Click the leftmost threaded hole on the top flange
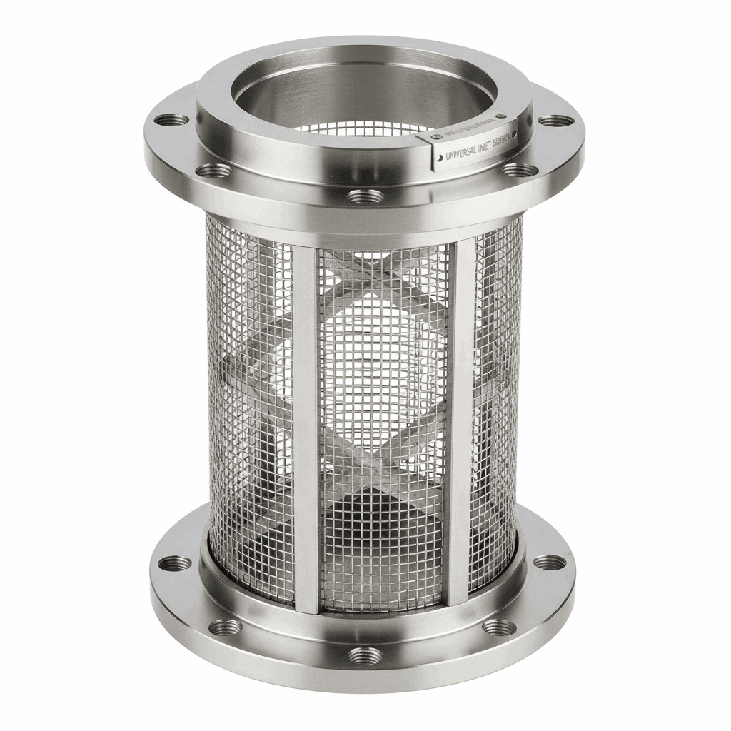[x=172, y=120]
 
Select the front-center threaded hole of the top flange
[x=364, y=196]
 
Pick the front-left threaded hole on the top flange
[x=213, y=171]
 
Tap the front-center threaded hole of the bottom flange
[x=365, y=655]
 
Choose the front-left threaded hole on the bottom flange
[x=226, y=627]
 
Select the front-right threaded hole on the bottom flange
[x=499, y=627]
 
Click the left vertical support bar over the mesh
[x=306, y=428]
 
